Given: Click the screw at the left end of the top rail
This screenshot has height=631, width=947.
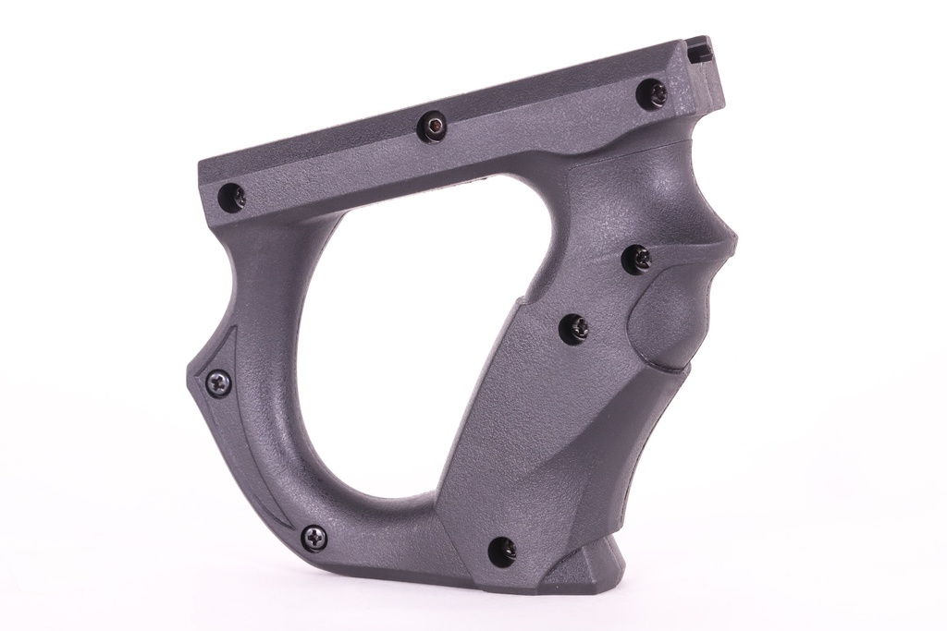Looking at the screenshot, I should [232, 195].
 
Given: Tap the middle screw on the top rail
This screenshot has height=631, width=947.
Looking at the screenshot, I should [432, 127].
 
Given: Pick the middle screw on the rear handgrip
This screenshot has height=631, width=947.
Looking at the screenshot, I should [575, 328].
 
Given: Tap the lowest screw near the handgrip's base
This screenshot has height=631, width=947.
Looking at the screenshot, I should [502, 550].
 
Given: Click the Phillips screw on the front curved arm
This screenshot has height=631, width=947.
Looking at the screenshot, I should [218, 382].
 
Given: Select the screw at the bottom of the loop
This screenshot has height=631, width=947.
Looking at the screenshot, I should [314, 535].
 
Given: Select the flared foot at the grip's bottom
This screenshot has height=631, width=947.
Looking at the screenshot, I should [592, 568].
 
